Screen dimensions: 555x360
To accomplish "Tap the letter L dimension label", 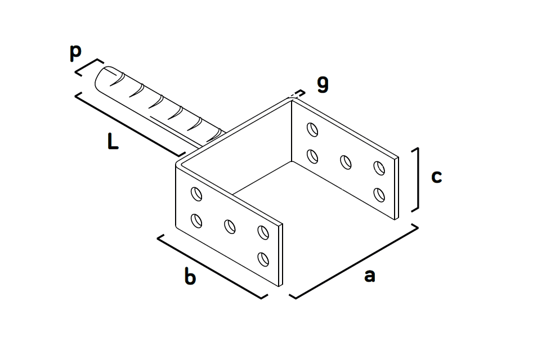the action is coord(113,141).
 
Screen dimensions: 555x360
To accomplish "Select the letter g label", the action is coord(323,84).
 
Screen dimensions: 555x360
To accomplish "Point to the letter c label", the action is coord(436,177).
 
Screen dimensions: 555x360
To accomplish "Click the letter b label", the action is coord(190,276).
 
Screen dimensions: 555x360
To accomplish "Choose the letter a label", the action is coord(369,276).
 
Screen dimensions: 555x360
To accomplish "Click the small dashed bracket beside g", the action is coord(297,94).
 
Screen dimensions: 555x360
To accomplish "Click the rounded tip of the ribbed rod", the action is coord(101,79).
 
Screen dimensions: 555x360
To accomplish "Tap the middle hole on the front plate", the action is coord(230,226).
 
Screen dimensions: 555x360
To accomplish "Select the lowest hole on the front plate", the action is coord(263,259).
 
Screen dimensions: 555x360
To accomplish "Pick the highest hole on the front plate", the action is coord(196,194).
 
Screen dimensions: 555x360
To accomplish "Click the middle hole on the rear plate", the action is coord(346,162).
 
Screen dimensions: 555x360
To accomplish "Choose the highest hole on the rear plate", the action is coord(312,129).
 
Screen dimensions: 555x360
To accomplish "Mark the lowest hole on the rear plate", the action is coord(379,195).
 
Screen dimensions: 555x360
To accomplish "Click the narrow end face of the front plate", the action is coord(281,255).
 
